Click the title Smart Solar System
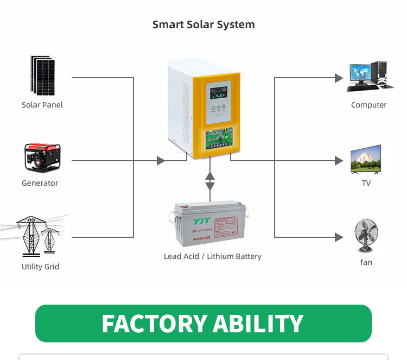203,24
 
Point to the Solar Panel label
42,105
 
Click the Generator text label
40,183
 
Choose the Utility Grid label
40,267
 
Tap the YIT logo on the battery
200,221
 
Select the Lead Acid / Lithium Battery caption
212,256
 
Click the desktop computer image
369,76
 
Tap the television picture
366,160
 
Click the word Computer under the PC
368,105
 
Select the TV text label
366,183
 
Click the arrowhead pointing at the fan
339,237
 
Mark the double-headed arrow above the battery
210,181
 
